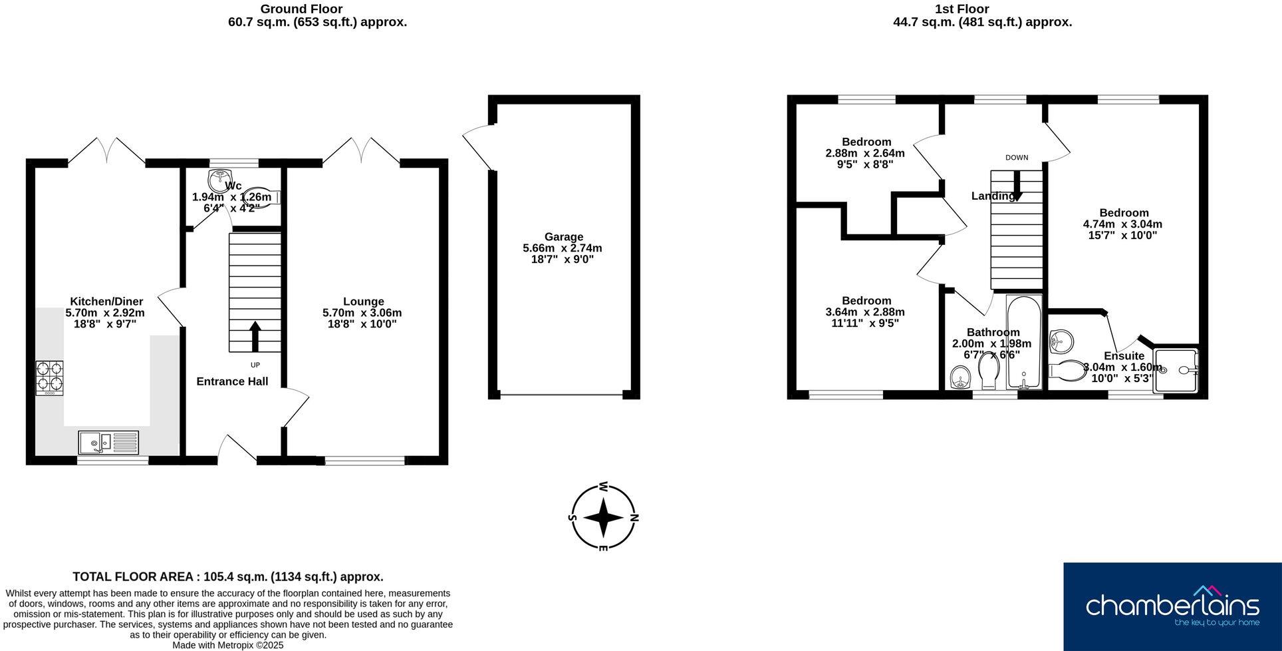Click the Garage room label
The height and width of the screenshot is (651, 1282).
563,237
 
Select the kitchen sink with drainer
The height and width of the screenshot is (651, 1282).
108,442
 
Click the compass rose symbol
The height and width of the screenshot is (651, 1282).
603,517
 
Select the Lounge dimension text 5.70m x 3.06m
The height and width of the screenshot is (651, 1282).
362,313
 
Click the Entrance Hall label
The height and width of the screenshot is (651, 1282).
232,381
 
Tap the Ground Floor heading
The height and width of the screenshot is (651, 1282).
301,9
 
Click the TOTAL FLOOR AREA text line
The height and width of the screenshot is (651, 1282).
228,577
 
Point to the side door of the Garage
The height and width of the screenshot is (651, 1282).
476,148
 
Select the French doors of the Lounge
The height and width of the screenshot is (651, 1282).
361,151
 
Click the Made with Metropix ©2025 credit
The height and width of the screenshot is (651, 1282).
228,645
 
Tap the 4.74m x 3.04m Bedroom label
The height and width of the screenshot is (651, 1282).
1123,224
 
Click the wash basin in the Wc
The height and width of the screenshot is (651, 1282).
219,180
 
